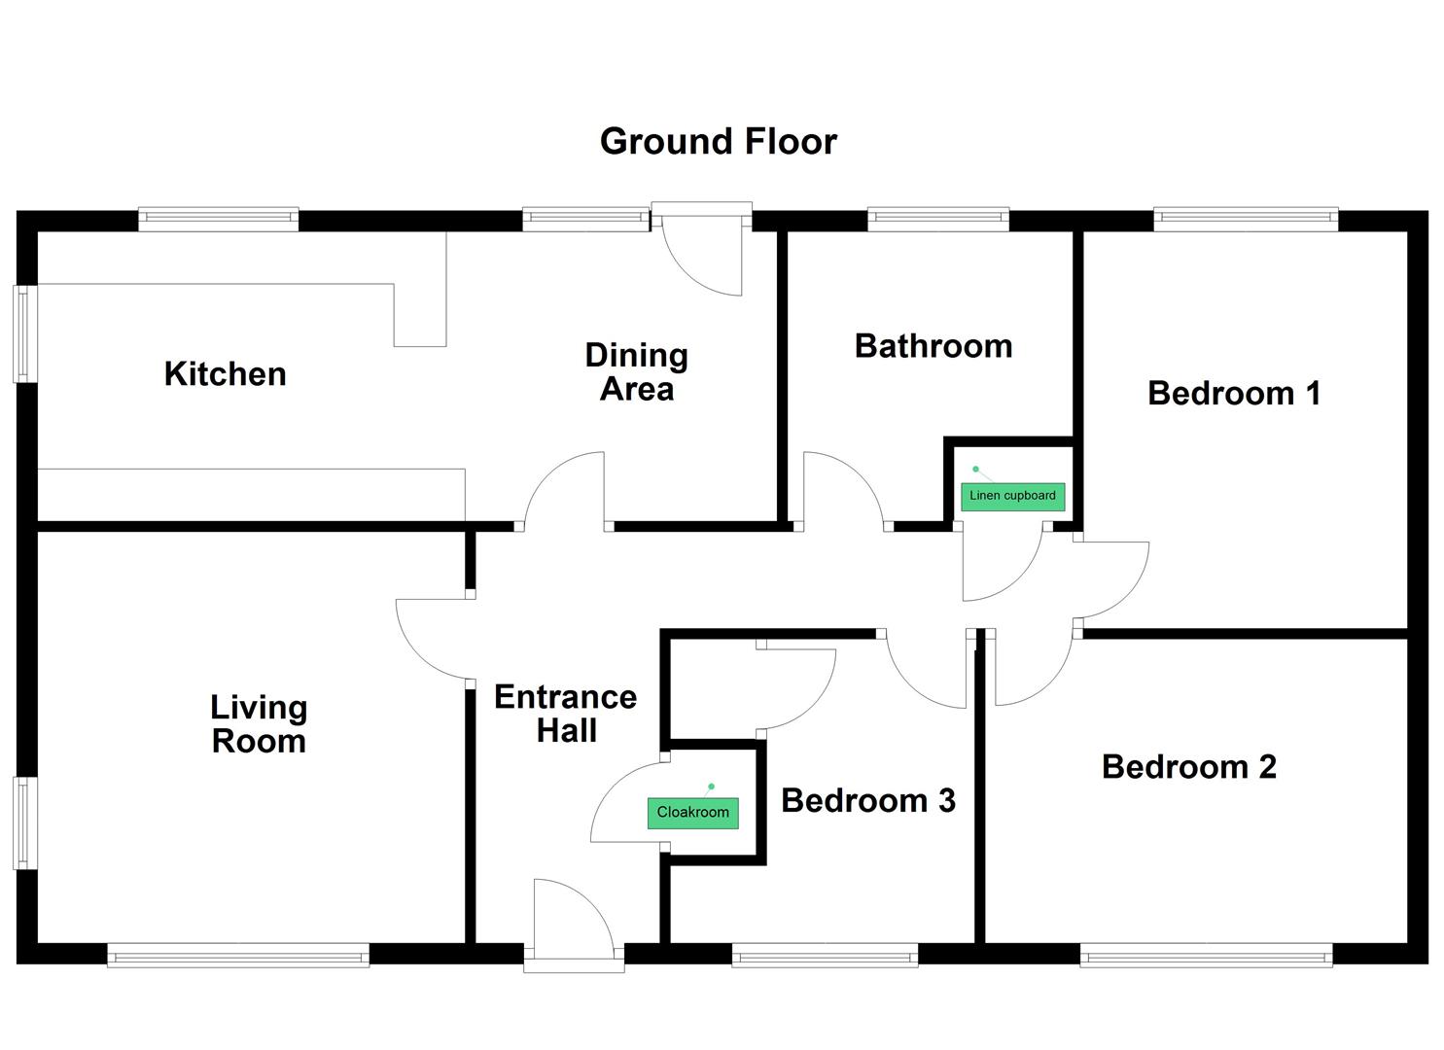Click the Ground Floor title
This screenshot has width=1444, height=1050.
pos(719,142)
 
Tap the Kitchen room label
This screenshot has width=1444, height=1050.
pos(225,374)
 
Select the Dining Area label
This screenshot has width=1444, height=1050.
pos(636,372)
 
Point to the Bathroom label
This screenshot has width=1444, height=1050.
pos(933,347)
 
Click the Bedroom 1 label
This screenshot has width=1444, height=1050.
pos(1234,393)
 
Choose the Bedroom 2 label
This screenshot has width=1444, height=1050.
pos(1188,767)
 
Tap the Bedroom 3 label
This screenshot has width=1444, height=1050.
pos(867,800)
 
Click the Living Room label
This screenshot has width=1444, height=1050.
pos(259,724)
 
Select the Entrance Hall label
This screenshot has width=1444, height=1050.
pos(565,714)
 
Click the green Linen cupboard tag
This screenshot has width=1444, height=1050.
pos(1012,496)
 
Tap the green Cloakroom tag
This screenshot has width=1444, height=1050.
pos(693,813)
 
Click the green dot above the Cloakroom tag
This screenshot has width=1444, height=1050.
pos(711,787)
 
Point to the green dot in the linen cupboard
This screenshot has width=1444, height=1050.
pos(975,470)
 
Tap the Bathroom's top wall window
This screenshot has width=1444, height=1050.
pos(938,219)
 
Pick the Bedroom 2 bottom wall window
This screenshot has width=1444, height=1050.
pos(1206,956)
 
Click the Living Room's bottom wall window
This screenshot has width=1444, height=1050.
pos(238,956)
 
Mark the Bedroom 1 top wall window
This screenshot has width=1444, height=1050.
pos(1246,219)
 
